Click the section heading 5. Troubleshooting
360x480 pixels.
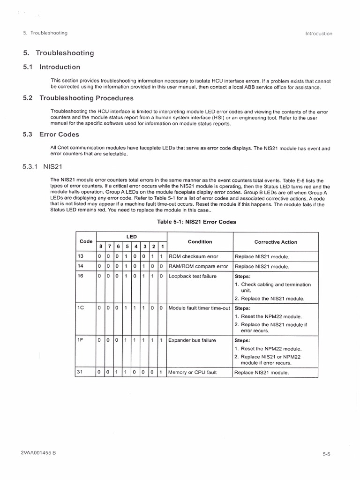pos(58,53)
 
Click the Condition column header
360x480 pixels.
pos(200,242)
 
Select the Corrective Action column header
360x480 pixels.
pos(276,242)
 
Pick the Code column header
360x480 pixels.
pos(86,241)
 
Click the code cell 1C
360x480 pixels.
pos(80,308)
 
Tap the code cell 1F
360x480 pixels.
pos(80,340)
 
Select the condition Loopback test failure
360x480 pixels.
pos(192,276)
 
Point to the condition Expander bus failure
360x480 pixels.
pos(192,340)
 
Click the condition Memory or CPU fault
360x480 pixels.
pos(193,373)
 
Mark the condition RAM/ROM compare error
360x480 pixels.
pos(198,266)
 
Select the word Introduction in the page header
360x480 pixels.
pos(318,33)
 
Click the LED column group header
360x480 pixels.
pos(131,237)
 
